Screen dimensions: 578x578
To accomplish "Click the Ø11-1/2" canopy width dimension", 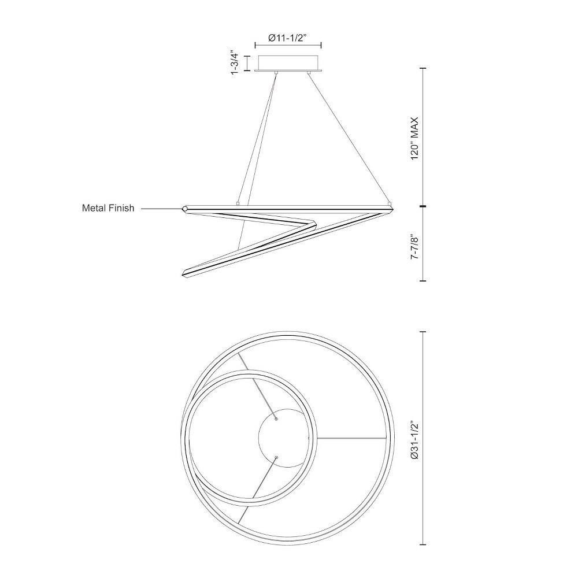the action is [x=288, y=38].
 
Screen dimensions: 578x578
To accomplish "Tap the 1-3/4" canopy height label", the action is [x=235, y=62].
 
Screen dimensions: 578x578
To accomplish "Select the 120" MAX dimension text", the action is [x=415, y=138].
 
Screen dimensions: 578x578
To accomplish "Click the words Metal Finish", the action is [x=108, y=208].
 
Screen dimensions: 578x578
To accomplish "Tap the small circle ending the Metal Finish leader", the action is [x=185, y=209].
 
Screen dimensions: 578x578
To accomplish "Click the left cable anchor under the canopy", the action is [x=276, y=73].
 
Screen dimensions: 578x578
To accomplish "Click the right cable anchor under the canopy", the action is [x=309, y=73].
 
